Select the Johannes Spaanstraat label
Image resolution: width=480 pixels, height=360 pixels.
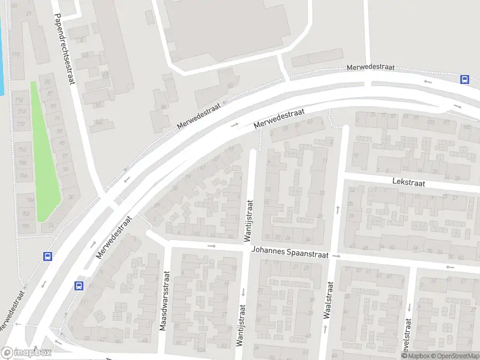point(290,253)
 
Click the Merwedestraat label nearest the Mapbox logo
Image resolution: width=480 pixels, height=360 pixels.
point(12,310)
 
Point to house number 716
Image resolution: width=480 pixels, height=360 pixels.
point(20,100)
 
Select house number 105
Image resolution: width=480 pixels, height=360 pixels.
point(467,127)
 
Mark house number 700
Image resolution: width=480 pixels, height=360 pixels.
point(25,226)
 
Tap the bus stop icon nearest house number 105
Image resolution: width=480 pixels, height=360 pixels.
point(464,79)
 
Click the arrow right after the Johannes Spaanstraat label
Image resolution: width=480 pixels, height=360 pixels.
point(337,256)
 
